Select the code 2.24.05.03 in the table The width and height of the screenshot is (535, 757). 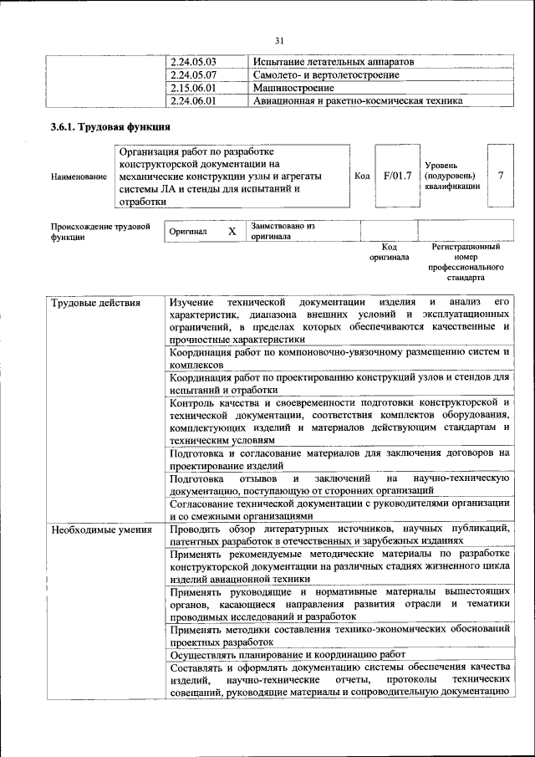193,62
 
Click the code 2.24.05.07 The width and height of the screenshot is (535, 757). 193,75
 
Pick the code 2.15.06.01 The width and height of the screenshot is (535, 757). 193,88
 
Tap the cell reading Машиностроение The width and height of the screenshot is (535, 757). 293,88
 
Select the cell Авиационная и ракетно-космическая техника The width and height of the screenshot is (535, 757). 358,101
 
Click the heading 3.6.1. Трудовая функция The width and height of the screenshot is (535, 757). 111,128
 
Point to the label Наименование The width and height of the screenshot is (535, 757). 79,176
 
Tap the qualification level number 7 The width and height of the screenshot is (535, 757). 500,176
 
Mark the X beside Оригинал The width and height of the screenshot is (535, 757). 232,231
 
